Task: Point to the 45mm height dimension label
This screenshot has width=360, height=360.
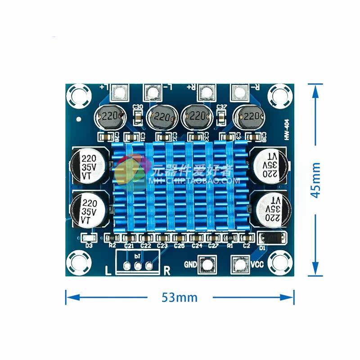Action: (x=316, y=180)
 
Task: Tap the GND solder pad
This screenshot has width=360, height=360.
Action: (x=207, y=265)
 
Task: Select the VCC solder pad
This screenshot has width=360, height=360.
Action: (x=239, y=265)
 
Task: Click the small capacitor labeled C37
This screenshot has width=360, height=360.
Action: (x=221, y=118)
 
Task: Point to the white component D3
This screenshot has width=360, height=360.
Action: (x=89, y=238)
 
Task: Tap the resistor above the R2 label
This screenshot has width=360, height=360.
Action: (x=112, y=238)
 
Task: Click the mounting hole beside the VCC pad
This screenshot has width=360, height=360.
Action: (x=280, y=263)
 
